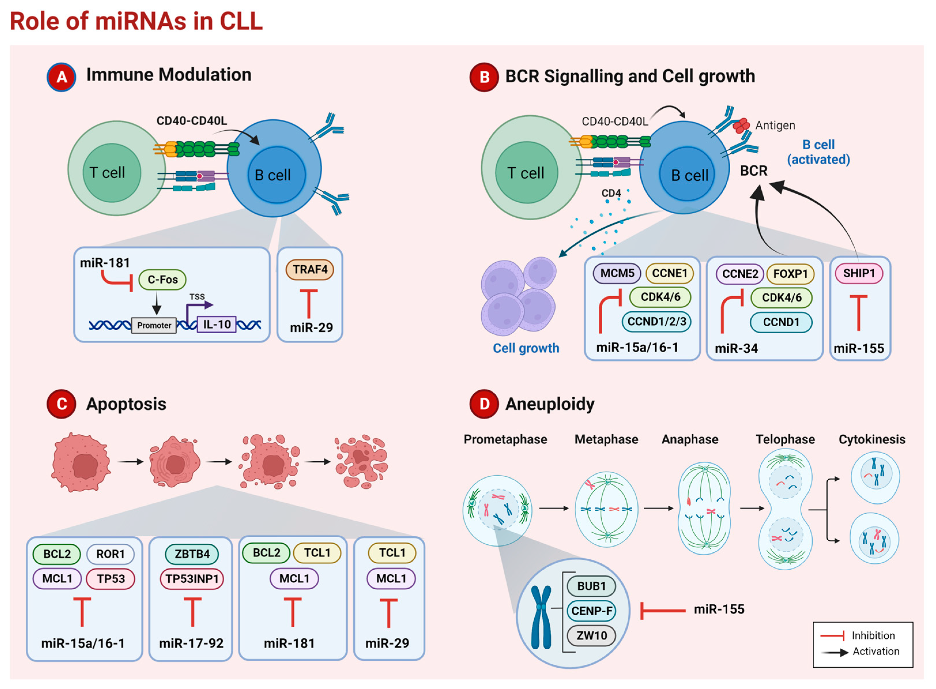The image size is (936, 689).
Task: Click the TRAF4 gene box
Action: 310,270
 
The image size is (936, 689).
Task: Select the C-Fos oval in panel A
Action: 162,279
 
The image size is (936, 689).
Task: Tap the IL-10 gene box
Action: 216,324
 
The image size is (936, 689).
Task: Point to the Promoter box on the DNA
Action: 154,325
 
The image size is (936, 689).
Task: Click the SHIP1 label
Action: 859,274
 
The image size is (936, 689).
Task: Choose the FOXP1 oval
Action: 790,274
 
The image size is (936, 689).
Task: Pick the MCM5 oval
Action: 617,274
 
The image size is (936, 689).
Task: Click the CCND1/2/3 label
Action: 657,321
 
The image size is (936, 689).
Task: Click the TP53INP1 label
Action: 192,579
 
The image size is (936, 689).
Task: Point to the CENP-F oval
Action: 591,611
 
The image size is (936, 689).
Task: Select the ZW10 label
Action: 591,636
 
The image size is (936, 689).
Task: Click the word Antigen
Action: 775,125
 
